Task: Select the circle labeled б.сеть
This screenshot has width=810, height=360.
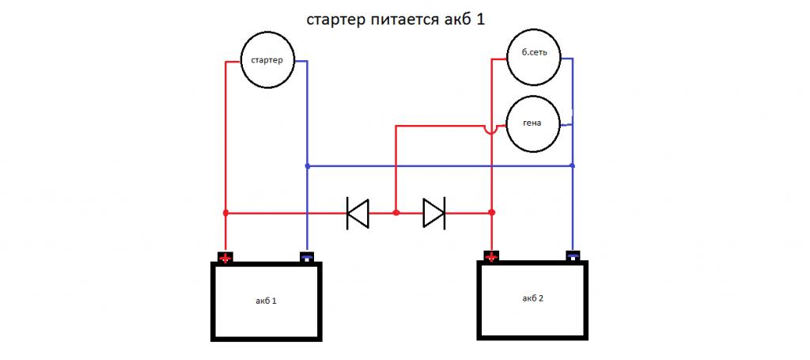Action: (535, 57)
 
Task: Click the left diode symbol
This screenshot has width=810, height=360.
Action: (358, 213)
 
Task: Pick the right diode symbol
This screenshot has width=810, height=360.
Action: (433, 213)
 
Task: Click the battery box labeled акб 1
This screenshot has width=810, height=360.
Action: (266, 301)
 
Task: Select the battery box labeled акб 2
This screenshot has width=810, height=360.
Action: (534, 299)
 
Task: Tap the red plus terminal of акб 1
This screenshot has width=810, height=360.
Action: (225, 257)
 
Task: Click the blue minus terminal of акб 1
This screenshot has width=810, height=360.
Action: (306, 256)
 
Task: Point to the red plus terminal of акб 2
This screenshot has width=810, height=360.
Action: (492, 256)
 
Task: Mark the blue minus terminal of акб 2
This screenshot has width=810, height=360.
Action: (573, 255)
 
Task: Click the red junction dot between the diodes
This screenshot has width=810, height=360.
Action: (396, 213)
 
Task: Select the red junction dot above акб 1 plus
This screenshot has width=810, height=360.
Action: (225, 213)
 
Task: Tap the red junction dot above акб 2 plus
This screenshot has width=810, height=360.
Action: (492, 213)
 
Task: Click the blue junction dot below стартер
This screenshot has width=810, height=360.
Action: (306, 166)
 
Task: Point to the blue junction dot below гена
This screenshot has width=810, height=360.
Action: (573, 166)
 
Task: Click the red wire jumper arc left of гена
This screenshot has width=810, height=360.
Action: (491, 127)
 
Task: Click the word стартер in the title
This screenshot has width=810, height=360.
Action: (335, 20)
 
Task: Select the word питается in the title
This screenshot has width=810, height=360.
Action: (402, 20)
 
